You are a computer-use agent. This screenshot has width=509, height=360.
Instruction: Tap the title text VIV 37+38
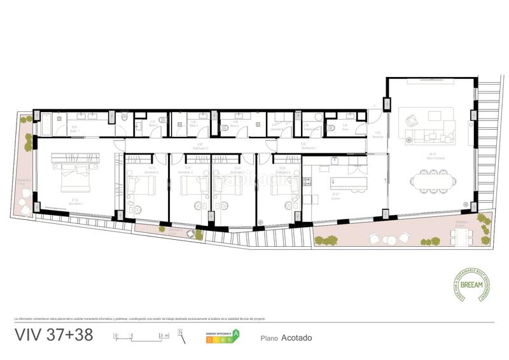click(x=53, y=336)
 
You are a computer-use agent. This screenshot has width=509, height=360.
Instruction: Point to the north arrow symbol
click(x=182, y=335)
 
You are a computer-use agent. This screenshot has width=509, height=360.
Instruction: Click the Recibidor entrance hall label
click(x=377, y=135)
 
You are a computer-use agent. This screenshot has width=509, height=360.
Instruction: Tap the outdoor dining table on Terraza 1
click(x=461, y=235)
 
